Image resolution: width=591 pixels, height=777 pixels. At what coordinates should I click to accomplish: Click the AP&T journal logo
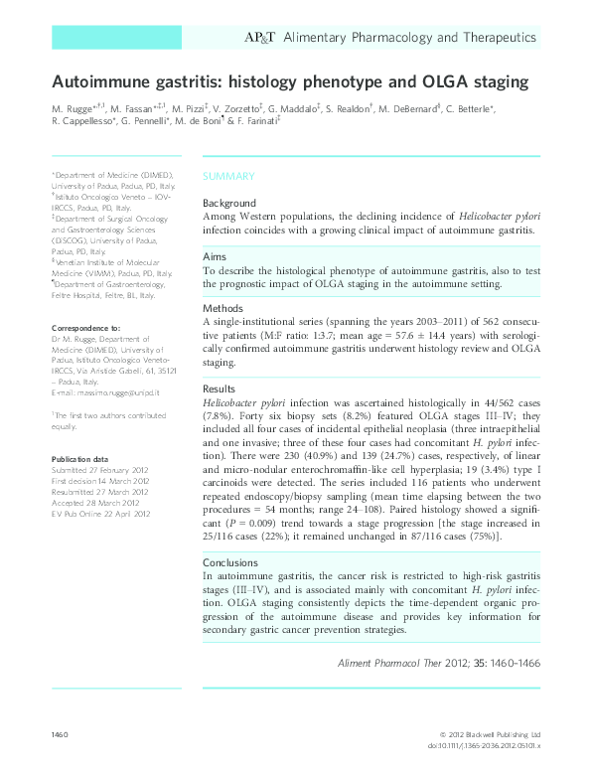click(260, 38)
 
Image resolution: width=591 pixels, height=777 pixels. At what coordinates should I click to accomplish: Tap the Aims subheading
click(216, 255)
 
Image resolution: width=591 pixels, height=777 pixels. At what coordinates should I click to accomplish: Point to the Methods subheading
click(224, 308)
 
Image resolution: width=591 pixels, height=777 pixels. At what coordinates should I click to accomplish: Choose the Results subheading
click(222, 388)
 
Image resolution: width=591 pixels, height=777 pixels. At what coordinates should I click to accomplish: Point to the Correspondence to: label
click(85, 327)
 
